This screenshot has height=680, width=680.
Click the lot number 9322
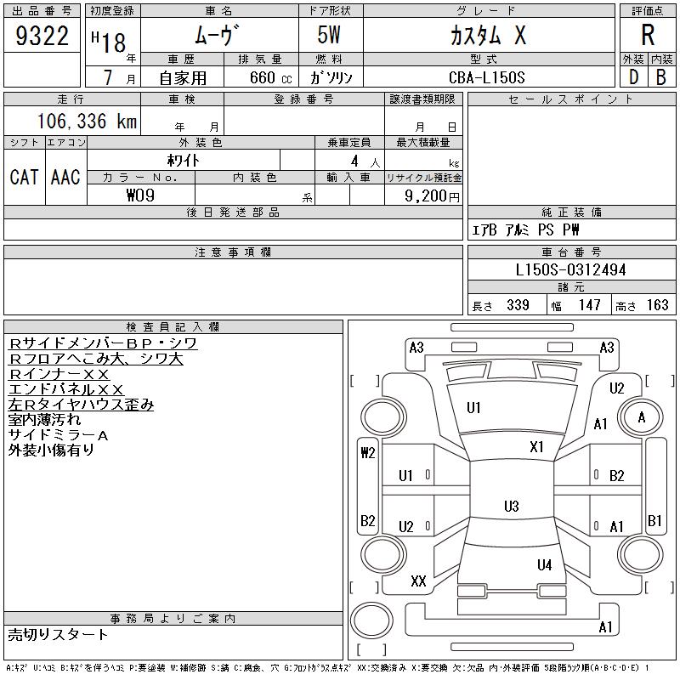42,36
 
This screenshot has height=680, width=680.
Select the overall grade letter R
648,35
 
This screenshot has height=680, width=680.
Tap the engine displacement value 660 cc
259,77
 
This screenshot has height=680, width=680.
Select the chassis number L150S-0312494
571,270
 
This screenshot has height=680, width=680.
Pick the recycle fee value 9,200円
435,195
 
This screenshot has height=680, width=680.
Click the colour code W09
140,195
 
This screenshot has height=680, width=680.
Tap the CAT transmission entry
24,177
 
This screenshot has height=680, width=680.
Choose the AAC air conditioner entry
65,177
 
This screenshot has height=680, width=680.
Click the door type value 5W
331,36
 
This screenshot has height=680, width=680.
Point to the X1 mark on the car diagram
536,446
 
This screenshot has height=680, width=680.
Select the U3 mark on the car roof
511,507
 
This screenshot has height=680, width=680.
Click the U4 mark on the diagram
545,564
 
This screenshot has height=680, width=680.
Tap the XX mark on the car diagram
418,581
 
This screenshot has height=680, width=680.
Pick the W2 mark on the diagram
368,453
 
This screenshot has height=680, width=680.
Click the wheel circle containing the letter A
642,417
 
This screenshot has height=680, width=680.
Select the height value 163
657,305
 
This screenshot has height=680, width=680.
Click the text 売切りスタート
58,634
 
